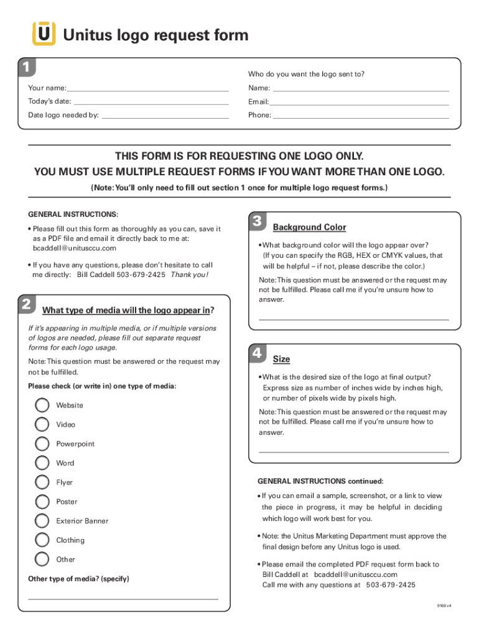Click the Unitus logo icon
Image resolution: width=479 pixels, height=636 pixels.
[x=44, y=34]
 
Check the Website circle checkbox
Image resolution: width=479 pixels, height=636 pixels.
[x=42, y=406]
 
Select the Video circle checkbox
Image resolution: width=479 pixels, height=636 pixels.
[x=42, y=425]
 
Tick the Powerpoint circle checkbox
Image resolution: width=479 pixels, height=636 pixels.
[x=42, y=444]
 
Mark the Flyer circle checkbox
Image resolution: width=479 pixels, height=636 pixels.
[x=42, y=483]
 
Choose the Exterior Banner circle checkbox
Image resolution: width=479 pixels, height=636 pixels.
[x=42, y=521]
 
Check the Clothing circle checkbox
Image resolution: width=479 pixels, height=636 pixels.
[x=42, y=540]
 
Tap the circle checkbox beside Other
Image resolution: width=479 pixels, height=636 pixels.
[x=42, y=560]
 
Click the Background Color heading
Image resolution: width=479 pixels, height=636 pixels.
[x=309, y=227]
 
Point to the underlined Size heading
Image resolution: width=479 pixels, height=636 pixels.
[x=281, y=360]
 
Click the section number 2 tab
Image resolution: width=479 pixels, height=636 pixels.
[x=26, y=304]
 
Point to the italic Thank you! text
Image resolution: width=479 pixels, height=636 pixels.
[x=190, y=275]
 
